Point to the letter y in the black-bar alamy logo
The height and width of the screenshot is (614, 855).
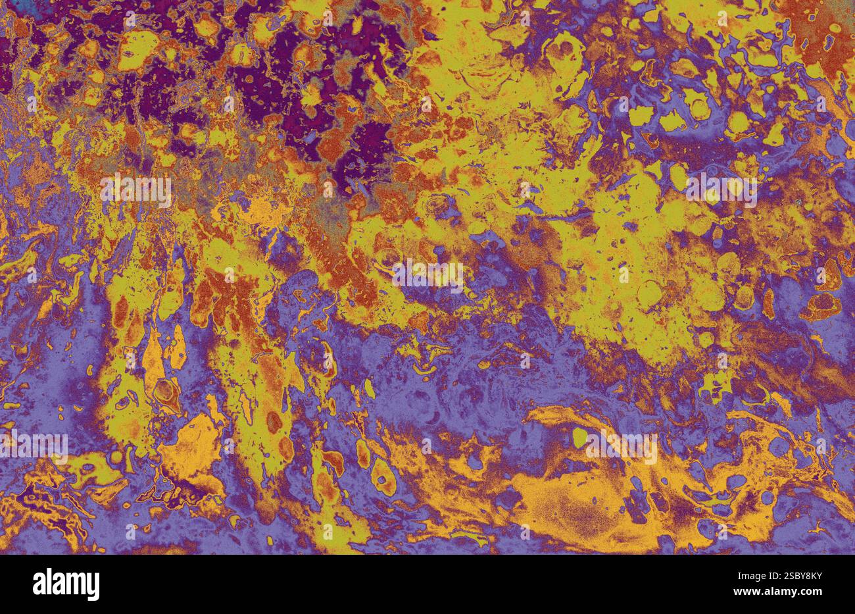tap(93, 588)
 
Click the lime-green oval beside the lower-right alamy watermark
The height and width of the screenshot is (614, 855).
tap(579, 437)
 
